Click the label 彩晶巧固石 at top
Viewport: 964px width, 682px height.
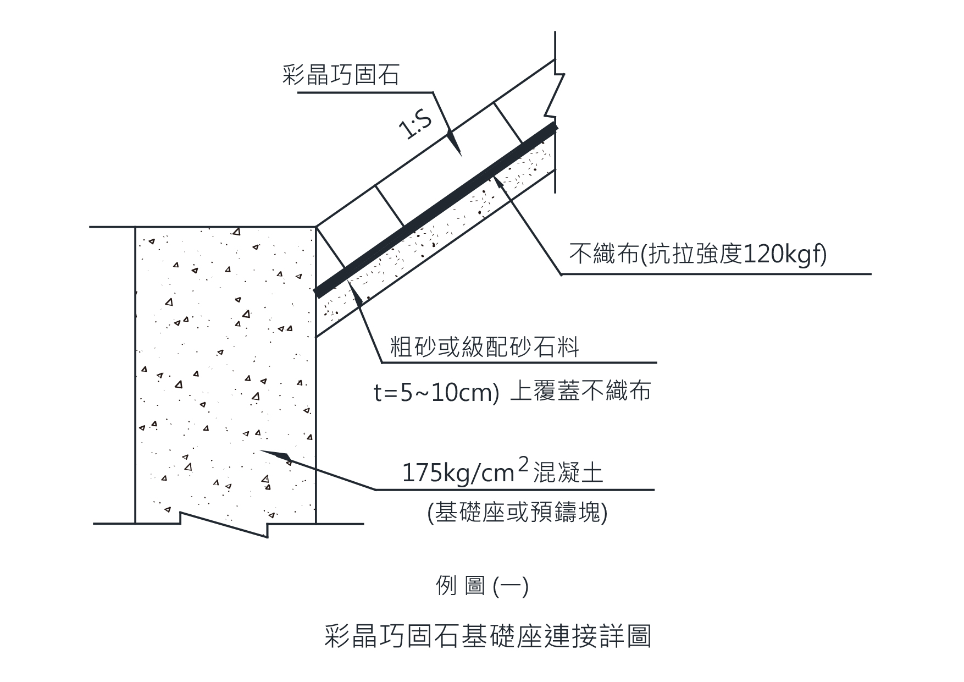click(x=341, y=75)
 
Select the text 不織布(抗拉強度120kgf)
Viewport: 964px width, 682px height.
click(x=697, y=255)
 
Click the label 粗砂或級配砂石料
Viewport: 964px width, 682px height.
click(x=484, y=347)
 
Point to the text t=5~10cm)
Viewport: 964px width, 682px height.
click(x=436, y=393)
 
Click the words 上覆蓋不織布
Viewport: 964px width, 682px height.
click(x=580, y=391)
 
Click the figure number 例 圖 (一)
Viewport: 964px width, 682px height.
click(x=482, y=586)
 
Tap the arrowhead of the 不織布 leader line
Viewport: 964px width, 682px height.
click(x=500, y=182)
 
